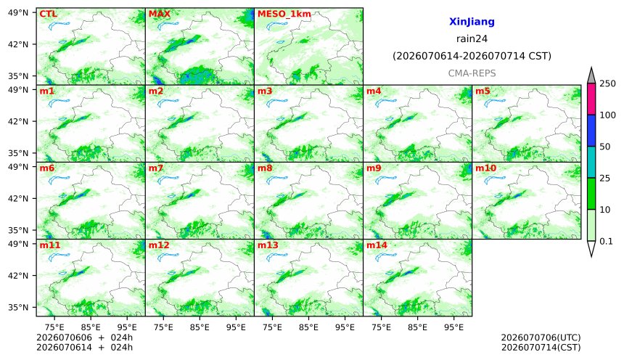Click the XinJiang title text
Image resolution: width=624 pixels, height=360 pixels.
(x=472, y=22)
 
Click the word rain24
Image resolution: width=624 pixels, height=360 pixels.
(x=472, y=38)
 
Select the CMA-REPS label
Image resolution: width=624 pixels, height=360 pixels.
(x=472, y=73)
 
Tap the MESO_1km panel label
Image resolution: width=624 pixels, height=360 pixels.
(x=284, y=14)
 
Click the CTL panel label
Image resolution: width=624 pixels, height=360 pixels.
(x=48, y=14)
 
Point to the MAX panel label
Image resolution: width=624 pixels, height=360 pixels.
(x=159, y=14)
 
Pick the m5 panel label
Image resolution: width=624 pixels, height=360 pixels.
(x=483, y=91)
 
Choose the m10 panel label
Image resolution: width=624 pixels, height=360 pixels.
(x=486, y=168)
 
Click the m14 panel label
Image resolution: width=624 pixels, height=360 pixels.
(x=377, y=245)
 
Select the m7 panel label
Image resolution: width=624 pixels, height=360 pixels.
(x=156, y=168)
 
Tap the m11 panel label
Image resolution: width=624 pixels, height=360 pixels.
(x=50, y=245)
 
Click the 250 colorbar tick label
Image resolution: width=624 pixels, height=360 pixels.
(x=608, y=83)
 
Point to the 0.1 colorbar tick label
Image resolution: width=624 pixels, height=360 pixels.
(x=606, y=241)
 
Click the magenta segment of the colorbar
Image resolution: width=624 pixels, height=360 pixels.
(x=591, y=99)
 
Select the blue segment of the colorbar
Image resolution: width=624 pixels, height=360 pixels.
(x=591, y=131)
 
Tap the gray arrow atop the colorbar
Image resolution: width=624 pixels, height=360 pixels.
(x=591, y=76)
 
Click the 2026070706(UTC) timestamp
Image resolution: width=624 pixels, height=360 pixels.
(x=541, y=337)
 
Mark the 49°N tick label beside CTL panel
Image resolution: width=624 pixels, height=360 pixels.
(x=18, y=13)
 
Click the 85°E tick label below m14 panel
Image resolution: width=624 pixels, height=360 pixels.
(x=417, y=327)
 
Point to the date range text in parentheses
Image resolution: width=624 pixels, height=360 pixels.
(x=472, y=56)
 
